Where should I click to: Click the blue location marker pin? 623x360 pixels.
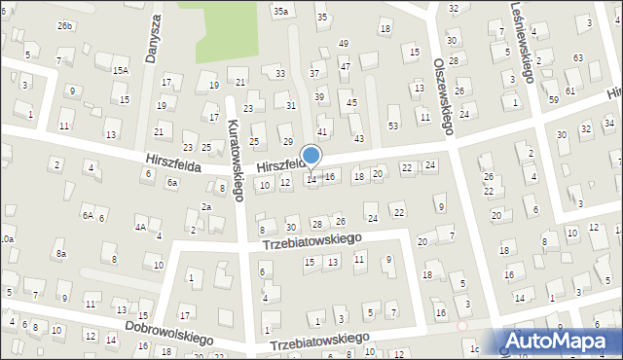(311, 157)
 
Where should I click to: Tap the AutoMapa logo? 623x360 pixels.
(564, 342)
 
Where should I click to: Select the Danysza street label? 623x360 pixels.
(153, 40)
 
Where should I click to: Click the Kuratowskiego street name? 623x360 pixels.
(236, 162)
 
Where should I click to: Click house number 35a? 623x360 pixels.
(281, 11)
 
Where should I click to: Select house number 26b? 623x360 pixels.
(65, 25)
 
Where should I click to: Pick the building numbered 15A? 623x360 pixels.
(120, 70)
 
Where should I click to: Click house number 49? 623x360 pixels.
(343, 44)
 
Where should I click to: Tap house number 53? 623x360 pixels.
(393, 126)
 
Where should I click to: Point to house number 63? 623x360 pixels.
(578, 58)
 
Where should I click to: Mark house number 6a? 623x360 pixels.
(172, 182)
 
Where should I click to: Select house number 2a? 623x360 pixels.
(205, 206)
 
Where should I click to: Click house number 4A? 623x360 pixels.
(140, 227)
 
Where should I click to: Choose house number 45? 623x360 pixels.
(352, 102)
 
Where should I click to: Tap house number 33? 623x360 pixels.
(280, 74)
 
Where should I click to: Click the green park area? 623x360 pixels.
(234, 34)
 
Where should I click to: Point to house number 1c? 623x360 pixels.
(475, 348)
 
